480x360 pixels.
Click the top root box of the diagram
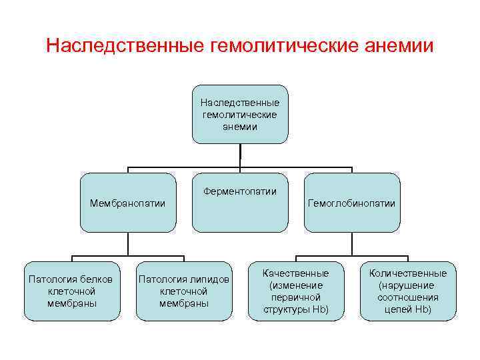click(x=240, y=114)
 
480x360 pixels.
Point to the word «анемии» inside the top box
click(x=240, y=127)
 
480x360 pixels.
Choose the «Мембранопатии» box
click(x=128, y=203)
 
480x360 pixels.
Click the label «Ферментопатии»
click(x=240, y=191)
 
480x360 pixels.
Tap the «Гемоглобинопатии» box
click(x=352, y=203)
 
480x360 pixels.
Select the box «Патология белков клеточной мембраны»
click(x=72, y=291)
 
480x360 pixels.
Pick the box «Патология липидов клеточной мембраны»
click(x=183, y=291)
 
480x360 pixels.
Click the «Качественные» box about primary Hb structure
click(x=295, y=291)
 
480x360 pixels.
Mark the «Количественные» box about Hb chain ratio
click(x=408, y=291)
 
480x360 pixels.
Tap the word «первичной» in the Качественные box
click(x=296, y=297)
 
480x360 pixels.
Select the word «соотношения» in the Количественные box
click(x=408, y=297)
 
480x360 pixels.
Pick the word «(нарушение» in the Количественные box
click(x=407, y=285)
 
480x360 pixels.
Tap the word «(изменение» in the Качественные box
click(x=295, y=285)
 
